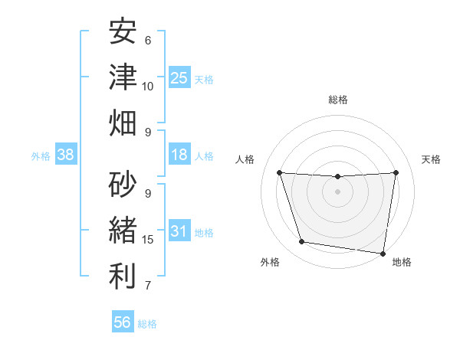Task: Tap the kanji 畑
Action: point(123,123)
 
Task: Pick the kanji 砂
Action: point(123,184)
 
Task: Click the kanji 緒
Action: point(123,230)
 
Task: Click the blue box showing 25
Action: point(179,78)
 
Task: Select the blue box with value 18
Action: point(179,155)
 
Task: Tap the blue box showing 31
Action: point(179,231)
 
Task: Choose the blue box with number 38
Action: point(66,155)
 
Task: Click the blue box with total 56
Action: point(123,322)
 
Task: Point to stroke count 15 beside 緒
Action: point(149,240)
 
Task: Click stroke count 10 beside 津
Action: point(149,86)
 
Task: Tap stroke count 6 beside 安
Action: point(148,40)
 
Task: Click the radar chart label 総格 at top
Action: point(338,100)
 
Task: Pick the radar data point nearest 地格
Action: point(383,253)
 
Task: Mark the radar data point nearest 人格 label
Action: point(279,172)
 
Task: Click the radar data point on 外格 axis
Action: point(302,242)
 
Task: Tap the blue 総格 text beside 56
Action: point(147,324)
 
